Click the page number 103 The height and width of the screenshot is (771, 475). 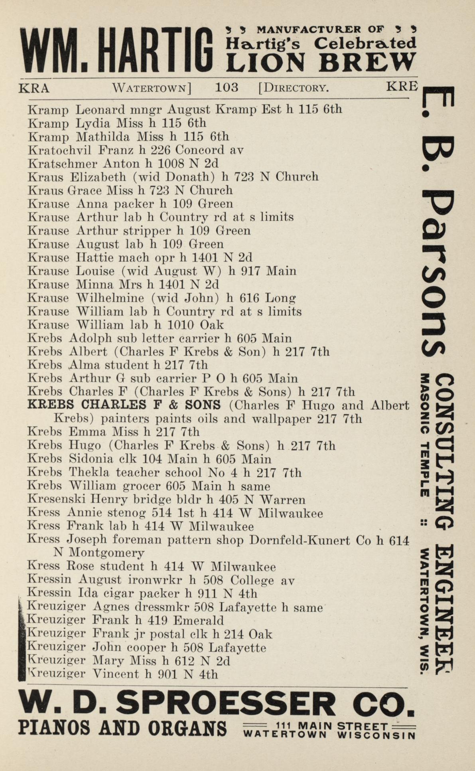tap(227, 87)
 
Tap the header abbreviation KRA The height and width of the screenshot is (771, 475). tap(34, 88)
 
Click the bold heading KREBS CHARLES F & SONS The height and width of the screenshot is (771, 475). tap(124, 405)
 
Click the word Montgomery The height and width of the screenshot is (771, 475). tap(107, 553)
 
